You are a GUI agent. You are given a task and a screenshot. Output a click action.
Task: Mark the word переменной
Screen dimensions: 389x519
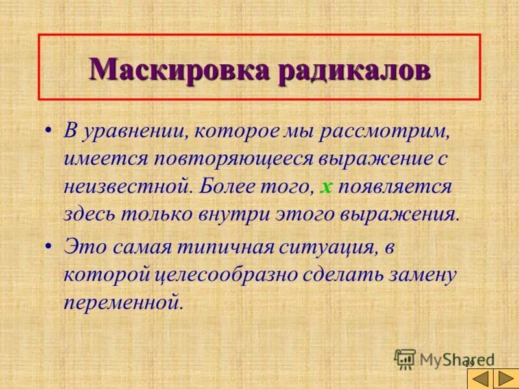(x=121, y=302)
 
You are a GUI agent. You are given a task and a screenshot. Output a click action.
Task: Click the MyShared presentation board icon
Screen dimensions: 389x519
(x=405, y=359)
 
